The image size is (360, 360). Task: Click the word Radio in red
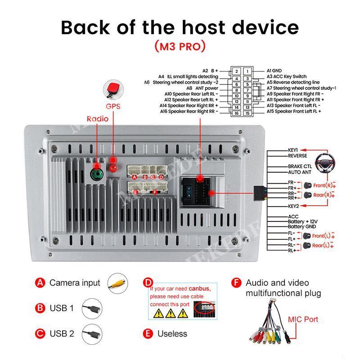[x=98, y=119]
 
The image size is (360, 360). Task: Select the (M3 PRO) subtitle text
[x=180, y=46]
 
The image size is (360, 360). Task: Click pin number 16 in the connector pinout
[x=236, y=113]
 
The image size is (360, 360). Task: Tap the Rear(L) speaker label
[x=323, y=245]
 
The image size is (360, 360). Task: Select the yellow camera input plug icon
[x=119, y=283]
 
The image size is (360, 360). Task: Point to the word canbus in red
[x=199, y=288]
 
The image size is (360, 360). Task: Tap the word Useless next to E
[x=172, y=334]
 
